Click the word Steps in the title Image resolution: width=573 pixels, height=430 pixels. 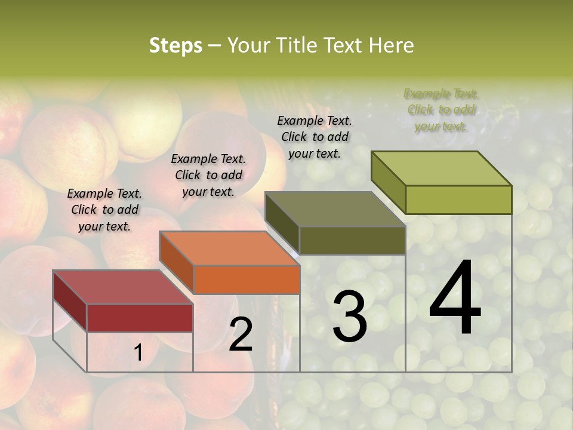click(175, 45)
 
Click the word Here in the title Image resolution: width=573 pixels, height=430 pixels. click(391, 45)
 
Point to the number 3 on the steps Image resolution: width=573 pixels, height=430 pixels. click(349, 317)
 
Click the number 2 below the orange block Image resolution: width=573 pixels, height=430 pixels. click(241, 334)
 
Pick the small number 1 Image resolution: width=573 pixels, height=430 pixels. click(138, 353)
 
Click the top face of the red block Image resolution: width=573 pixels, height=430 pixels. click(122, 287)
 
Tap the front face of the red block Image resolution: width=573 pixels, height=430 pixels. click(140, 318)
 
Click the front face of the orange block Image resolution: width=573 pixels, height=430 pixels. click(247, 279)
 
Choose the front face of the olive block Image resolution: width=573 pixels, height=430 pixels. click(352, 240)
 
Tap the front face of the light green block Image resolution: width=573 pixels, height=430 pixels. click(458, 199)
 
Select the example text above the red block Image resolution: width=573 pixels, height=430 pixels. click(104, 210)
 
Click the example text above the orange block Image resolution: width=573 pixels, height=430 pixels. click(208, 175)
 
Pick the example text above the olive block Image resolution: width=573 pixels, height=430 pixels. click(315, 137)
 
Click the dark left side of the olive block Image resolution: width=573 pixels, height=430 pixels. click(282, 222)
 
